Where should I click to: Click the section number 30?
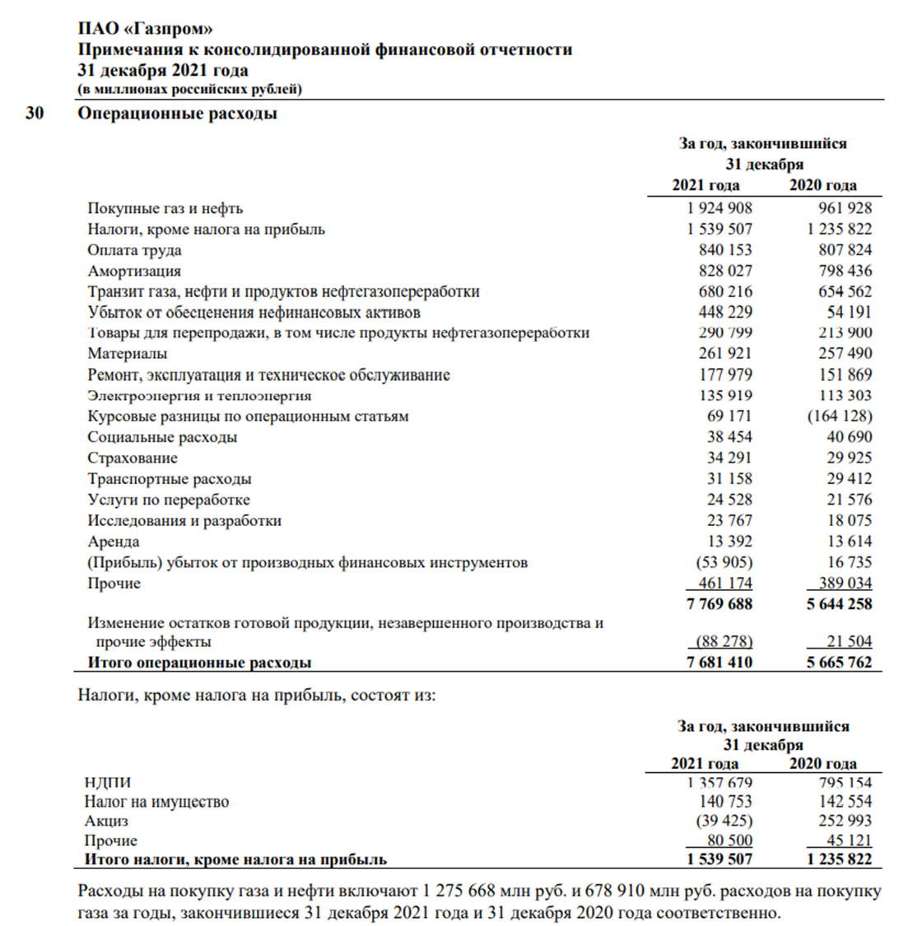coord(34,114)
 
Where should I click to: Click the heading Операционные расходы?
coord(177,114)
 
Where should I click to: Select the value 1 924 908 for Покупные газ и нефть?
coord(713,208)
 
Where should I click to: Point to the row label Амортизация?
coord(134,271)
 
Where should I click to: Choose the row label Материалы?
coord(128,354)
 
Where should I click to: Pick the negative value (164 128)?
coord(839,416)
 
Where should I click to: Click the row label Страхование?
coord(133,458)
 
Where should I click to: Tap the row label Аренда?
coord(114,542)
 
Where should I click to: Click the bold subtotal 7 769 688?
coord(719,604)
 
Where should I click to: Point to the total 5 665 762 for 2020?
coord(839,663)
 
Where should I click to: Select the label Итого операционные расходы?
coord(199,663)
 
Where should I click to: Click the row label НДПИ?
coord(107,783)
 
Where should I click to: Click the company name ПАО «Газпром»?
coord(145,30)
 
